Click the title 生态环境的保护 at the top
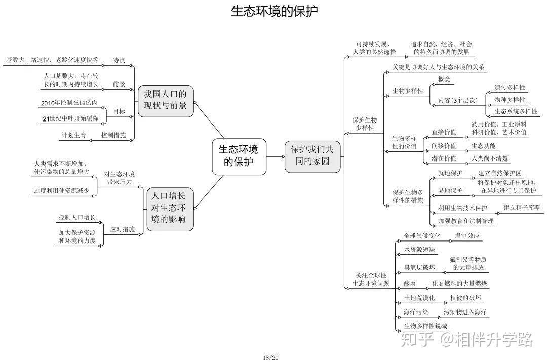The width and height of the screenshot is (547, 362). coord(274,11)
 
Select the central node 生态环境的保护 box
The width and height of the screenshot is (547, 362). coord(239,156)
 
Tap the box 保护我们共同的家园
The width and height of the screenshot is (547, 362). coord(312,156)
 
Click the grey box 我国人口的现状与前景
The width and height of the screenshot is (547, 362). coord(165,101)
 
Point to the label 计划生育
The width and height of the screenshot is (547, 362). coord(74,135)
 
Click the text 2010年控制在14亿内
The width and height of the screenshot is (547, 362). coord(69,103)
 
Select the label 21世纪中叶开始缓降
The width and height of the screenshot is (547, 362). coord(70,118)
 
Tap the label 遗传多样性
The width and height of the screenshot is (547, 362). coord(510,88)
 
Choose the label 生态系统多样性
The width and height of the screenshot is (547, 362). coord(516,111)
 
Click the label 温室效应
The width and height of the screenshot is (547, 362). coord(467,236)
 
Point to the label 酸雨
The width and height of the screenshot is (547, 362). coord(410,284)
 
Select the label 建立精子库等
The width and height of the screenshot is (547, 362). coord(521,208)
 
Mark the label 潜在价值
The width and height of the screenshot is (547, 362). coord(444,158)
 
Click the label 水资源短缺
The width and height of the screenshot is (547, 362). coord(419,250)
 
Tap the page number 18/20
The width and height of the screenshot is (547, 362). coord(270,358)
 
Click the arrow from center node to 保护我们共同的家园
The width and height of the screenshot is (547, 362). coord(276,156)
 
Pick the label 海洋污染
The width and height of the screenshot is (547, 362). coord(416,312)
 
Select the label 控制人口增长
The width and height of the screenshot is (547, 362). coord(77,217)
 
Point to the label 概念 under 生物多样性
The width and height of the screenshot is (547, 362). coord(444,79)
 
